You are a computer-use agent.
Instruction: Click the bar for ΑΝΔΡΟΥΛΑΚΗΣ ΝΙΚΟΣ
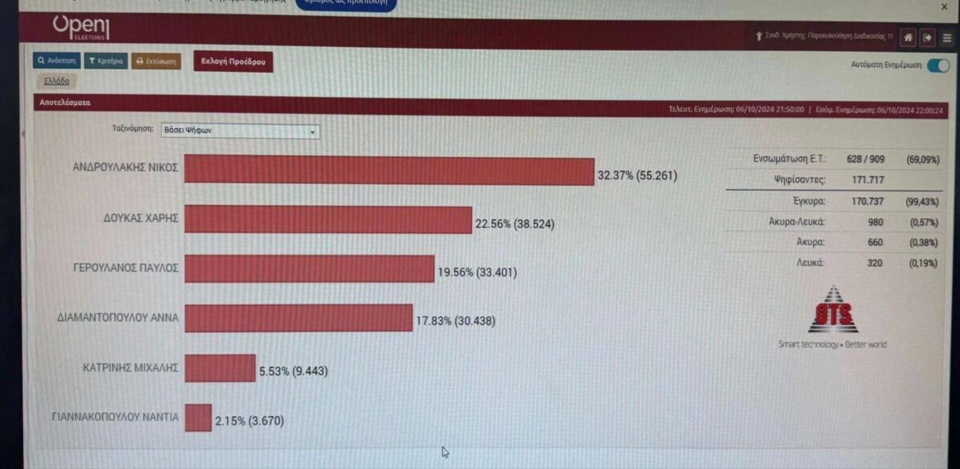coord(389,171)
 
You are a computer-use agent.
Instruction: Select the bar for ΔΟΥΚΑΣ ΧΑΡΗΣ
coord(328,220)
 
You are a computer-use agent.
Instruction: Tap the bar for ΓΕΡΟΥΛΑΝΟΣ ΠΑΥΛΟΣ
coord(309,269)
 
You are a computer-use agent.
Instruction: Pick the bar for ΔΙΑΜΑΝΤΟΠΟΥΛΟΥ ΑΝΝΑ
coord(298,318)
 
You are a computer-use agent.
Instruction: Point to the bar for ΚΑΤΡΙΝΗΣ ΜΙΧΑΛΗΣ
coord(220,368)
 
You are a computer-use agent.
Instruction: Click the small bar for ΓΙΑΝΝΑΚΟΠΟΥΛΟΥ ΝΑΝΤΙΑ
coord(198,418)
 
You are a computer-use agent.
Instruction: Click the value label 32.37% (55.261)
coord(637,174)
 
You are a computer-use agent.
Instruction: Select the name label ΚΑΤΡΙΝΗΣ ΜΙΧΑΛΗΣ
coord(130,368)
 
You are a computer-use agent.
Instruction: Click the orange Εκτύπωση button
coord(156,61)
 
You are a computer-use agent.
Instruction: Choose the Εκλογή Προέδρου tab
coord(233,62)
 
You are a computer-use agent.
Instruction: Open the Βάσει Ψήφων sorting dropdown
coord(239,131)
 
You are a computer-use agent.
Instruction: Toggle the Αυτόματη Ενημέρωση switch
coord(938,66)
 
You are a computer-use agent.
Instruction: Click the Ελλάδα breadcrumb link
coord(56,81)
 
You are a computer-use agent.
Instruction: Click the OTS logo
coord(832,311)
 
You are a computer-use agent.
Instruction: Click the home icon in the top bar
coord(908,37)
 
